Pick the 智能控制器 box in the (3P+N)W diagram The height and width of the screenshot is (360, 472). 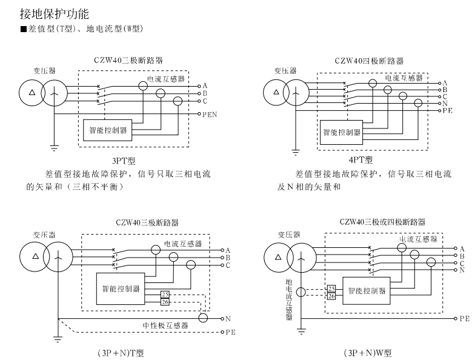[x=367, y=290]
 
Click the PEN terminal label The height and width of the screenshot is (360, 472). [x=210, y=114]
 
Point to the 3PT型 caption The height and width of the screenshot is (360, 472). [x=123, y=161]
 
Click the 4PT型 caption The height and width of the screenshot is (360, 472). [x=361, y=160]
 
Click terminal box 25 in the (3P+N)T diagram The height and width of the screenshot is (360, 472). [x=165, y=295]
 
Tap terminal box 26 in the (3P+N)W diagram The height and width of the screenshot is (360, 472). [x=331, y=296]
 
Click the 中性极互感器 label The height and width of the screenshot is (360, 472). [x=165, y=325]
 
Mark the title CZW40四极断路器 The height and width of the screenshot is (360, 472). [x=368, y=61]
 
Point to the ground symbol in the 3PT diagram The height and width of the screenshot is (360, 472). [x=53, y=147]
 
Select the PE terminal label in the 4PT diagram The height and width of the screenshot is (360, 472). [x=448, y=112]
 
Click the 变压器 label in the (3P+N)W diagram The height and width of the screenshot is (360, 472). [x=289, y=234]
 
